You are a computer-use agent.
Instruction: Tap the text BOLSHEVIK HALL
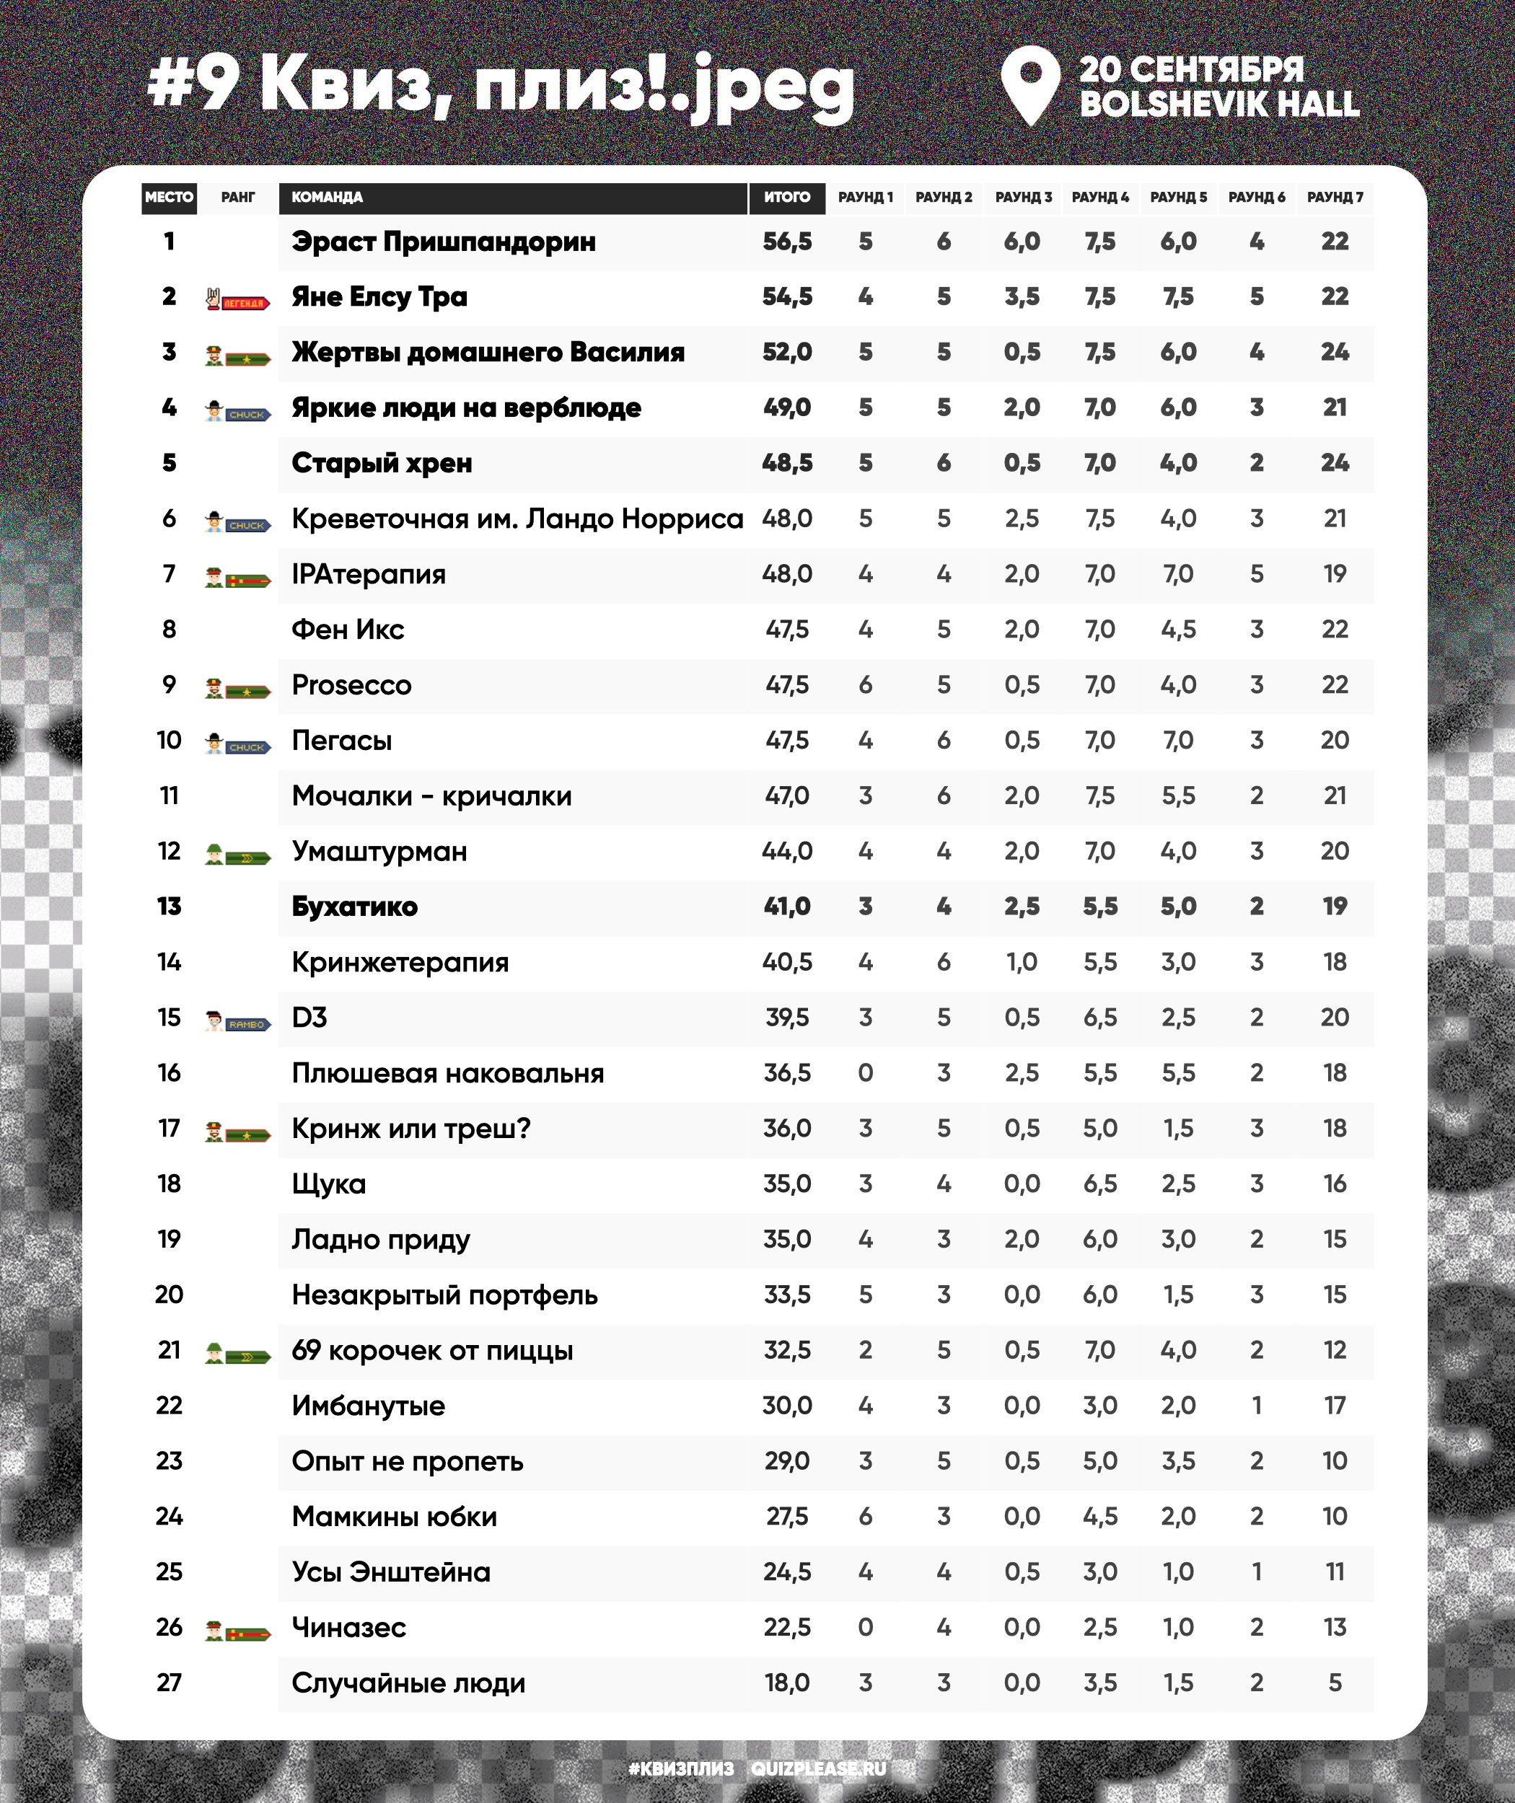point(1218,104)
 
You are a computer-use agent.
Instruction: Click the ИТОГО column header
point(786,198)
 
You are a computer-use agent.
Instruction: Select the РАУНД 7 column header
point(1335,198)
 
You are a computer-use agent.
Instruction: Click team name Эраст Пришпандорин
point(443,242)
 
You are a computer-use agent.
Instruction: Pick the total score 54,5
point(786,297)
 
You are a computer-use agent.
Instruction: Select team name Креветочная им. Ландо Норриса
point(517,519)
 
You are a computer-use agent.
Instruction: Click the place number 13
point(170,907)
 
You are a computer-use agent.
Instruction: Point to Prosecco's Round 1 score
point(865,685)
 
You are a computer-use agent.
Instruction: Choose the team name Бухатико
point(355,907)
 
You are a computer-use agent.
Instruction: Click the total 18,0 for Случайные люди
point(786,1683)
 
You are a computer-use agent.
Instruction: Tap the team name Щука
point(329,1184)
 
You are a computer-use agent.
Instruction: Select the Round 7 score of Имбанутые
point(1335,1406)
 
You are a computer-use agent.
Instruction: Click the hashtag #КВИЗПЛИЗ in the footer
point(681,1768)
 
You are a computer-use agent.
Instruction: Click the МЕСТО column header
point(170,198)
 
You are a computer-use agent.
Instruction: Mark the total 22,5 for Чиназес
point(786,1627)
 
